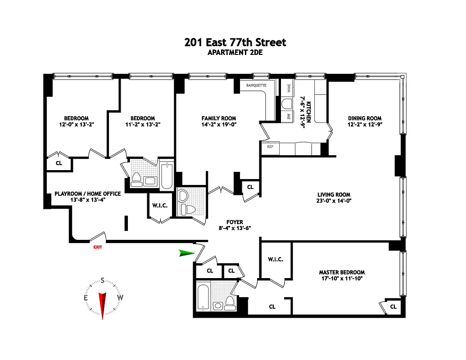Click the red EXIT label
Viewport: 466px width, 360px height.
pyautogui.click(x=98, y=247)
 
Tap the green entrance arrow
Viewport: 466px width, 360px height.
pyautogui.click(x=186, y=253)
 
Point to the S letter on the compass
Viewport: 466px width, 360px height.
pyautogui.click(x=103, y=280)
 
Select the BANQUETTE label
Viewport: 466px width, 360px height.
pyautogui.click(x=256, y=85)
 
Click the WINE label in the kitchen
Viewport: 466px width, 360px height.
pyautogui.click(x=289, y=88)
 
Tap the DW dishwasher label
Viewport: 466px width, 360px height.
pyautogui.click(x=289, y=116)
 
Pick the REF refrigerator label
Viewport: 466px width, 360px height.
pyautogui.click(x=270, y=147)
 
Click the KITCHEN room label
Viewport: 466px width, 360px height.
pyautogui.click(x=309, y=112)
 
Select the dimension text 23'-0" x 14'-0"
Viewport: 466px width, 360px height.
pyautogui.click(x=334, y=201)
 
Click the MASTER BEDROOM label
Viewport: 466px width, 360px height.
pyautogui.click(x=342, y=272)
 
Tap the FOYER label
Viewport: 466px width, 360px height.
pyautogui.click(x=235, y=222)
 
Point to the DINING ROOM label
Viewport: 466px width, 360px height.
pyautogui.click(x=365, y=118)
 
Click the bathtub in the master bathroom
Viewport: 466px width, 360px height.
pyautogui.click(x=204, y=298)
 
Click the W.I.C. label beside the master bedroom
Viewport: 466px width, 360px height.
pyautogui.click(x=276, y=259)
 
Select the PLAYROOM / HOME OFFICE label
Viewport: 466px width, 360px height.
pyautogui.click(x=88, y=193)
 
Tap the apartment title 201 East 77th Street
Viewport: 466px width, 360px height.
pyautogui.click(x=235, y=42)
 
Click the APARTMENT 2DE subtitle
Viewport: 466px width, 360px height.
pyautogui.click(x=235, y=53)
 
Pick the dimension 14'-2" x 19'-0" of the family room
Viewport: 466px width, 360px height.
pyautogui.click(x=219, y=125)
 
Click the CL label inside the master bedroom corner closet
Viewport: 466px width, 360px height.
pyautogui.click(x=393, y=307)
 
